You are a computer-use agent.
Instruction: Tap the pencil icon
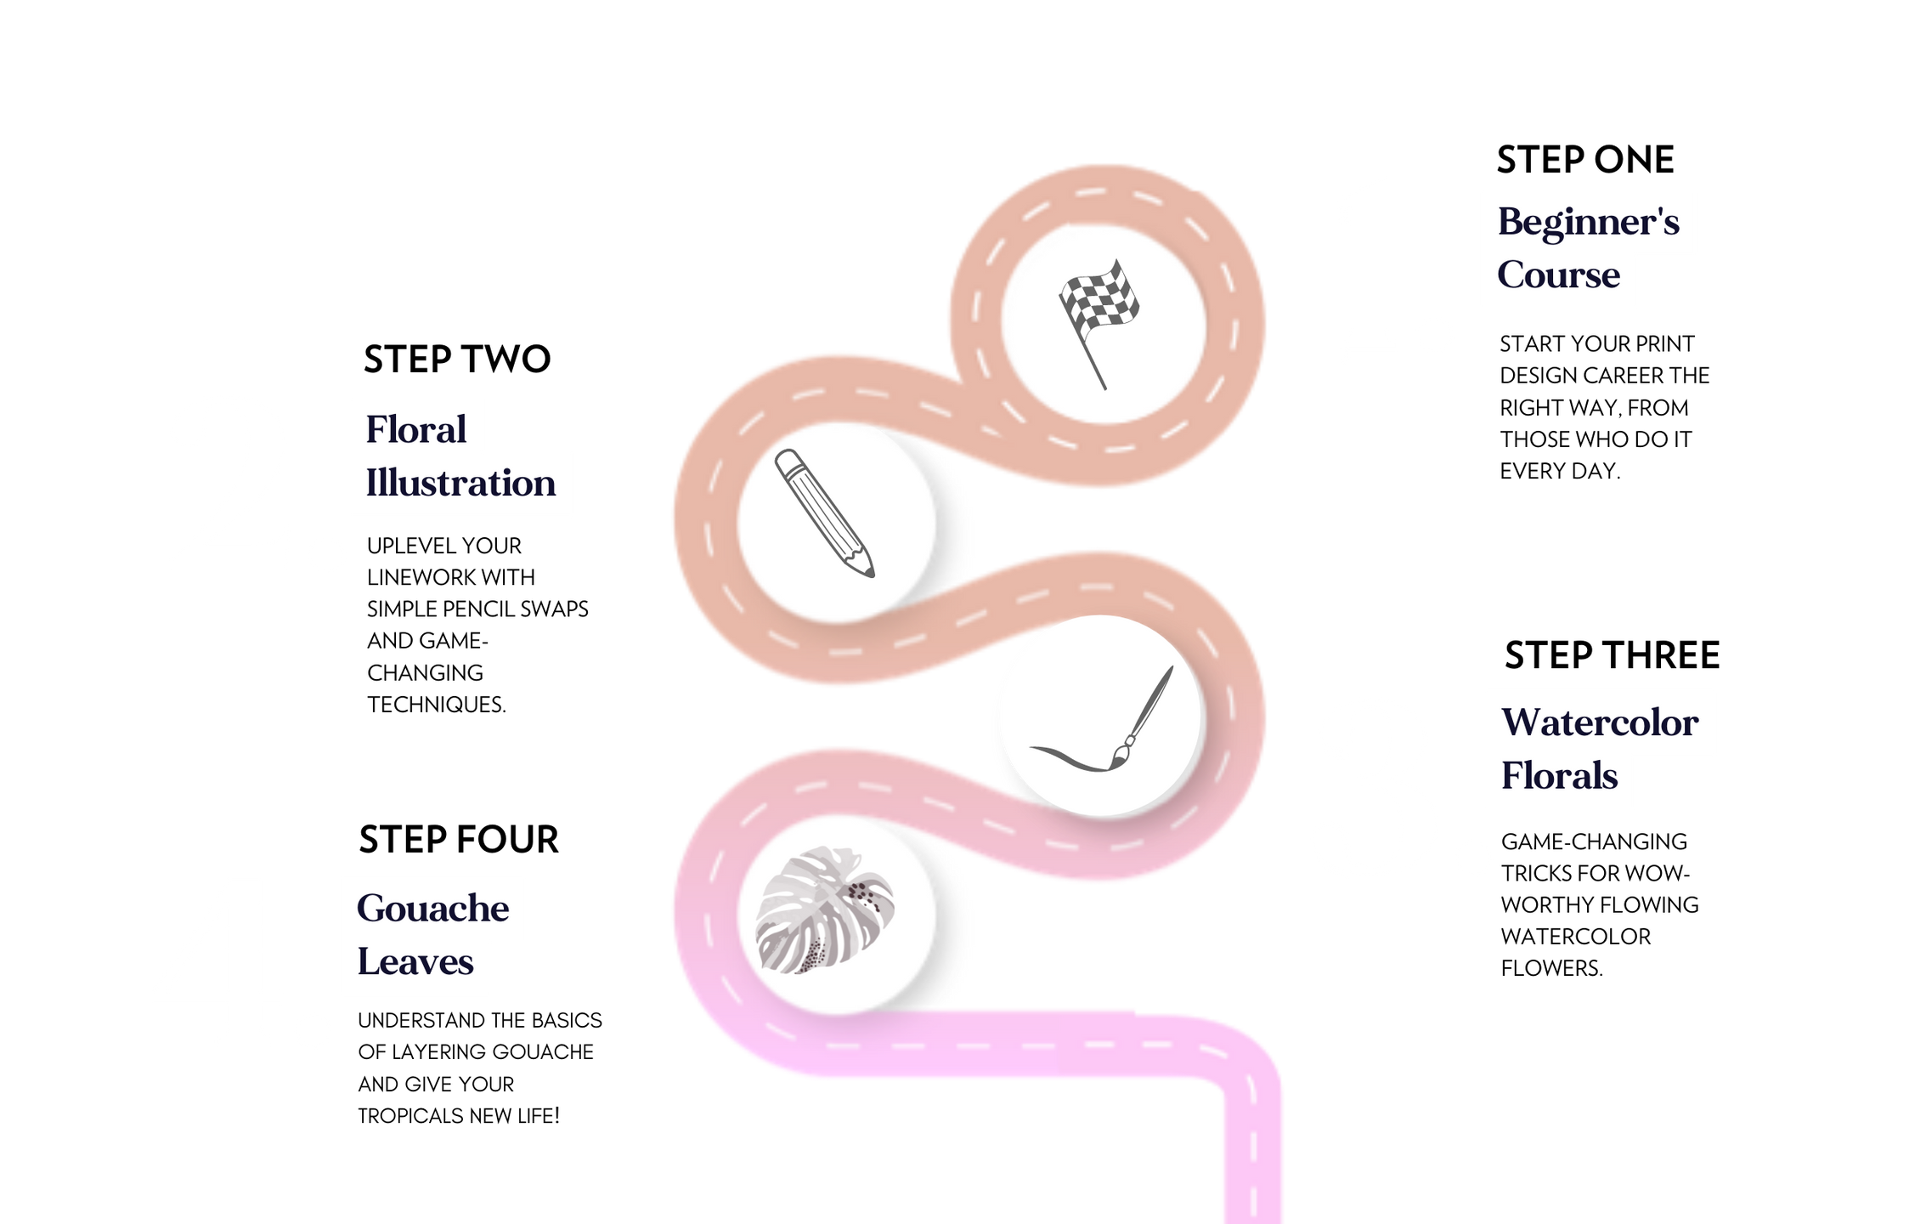(824, 513)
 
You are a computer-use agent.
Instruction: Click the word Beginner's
(1588, 223)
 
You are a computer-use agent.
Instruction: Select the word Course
(1558, 275)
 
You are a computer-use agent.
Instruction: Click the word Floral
(415, 430)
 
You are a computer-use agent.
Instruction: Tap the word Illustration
(460, 484)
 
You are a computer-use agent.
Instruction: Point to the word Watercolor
(1599, 723)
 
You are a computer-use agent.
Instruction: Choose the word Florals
(1559, 776)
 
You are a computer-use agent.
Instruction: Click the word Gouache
(432, 909)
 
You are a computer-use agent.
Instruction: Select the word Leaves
(415, 962)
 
